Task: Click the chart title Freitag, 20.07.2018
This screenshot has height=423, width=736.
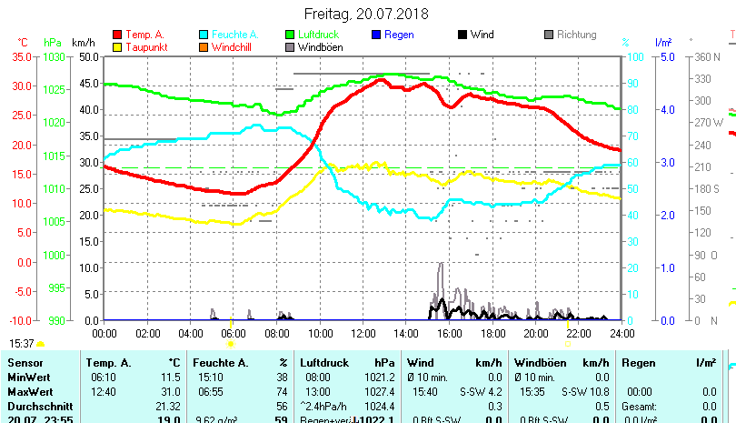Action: (x=367, y=14)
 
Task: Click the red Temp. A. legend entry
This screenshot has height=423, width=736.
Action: (x=144, y=35)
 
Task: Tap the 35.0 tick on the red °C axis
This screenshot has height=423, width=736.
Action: (x=21, y=56)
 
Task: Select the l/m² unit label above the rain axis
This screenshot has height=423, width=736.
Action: (x=663, y=43)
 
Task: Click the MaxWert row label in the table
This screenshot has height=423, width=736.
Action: (x=30, y=391)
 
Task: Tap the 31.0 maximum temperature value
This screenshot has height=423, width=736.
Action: (x=169, y=391)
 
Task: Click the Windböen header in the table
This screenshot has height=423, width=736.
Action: (x=540, y=363)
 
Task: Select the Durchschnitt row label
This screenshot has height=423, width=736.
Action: (x=37, y=406)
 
